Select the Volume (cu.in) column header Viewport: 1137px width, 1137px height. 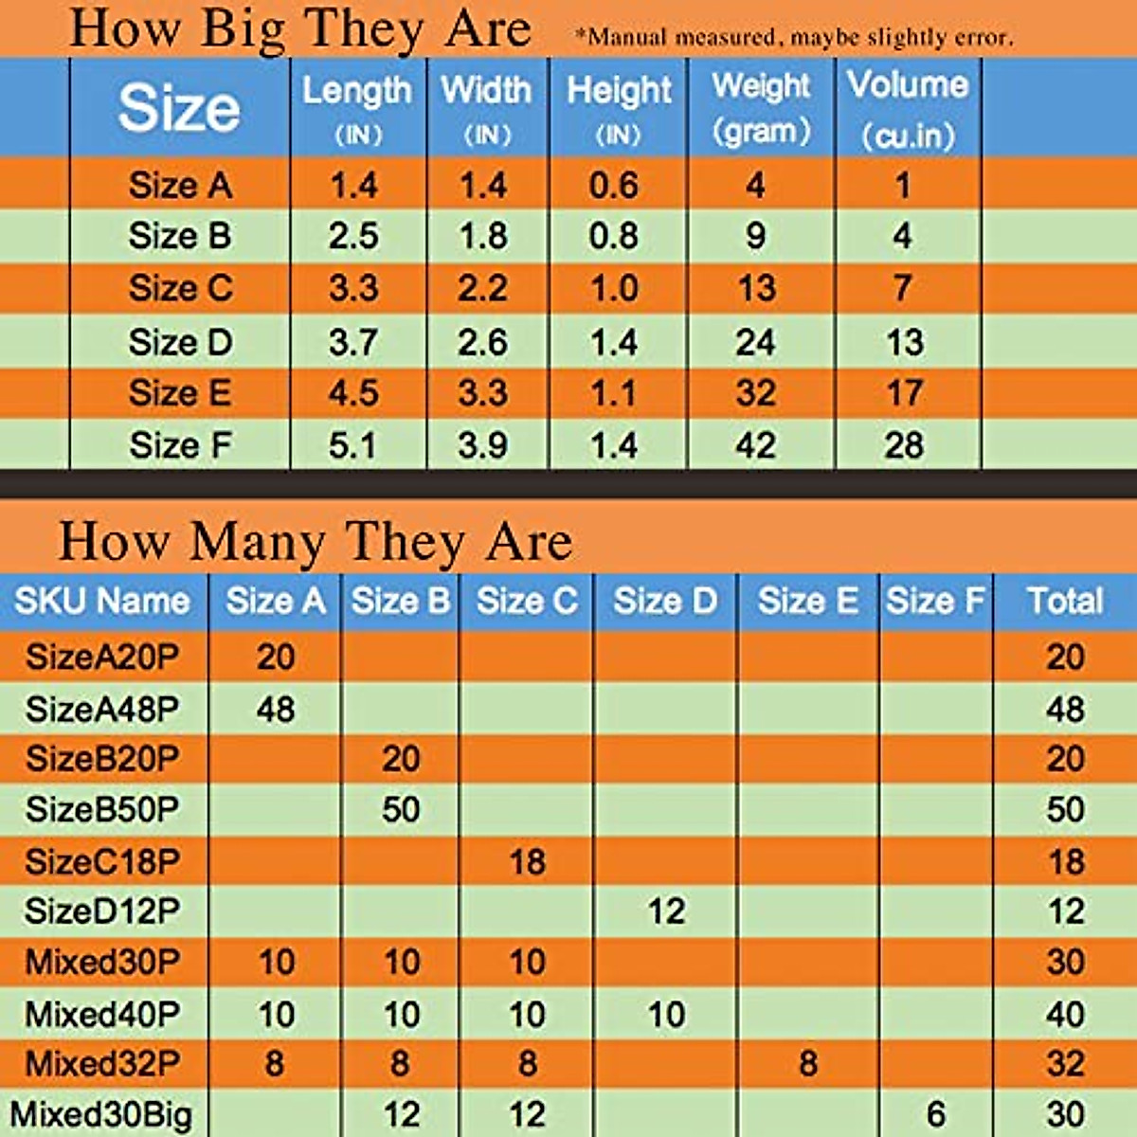[x=908, y=109]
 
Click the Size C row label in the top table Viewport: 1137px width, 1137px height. [x=180, y=288]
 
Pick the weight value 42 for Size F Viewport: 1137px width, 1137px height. [x=755, y=445]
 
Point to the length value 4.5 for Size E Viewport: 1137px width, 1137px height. [x=353, y=393]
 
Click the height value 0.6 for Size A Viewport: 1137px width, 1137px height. [x=614, y=185]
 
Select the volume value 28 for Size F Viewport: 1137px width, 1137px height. [x=904, y=445]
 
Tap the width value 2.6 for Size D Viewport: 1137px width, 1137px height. [x=483, y=342]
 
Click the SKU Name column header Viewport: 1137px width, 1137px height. [x=102, y=601]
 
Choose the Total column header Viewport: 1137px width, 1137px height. [x=1065, y=601]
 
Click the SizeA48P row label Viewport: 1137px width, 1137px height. [x=102, y=709]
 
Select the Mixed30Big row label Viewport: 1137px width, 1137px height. [x=101, y=1114]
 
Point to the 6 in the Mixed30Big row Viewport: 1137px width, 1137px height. [x=936, y=1114]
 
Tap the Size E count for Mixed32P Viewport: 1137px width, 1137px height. [x=807, y=1063]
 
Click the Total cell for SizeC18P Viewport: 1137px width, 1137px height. [x=1066, y=861]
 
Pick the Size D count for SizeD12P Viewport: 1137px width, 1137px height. [x=666, y=911]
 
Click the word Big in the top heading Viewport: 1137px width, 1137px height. [x=243, y=28]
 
